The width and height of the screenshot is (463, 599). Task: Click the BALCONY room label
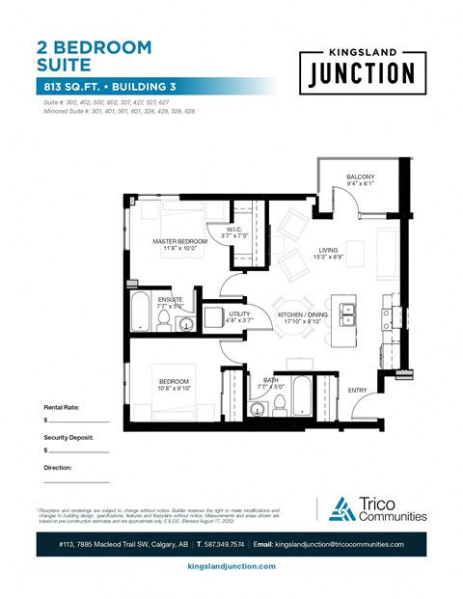point(361,177)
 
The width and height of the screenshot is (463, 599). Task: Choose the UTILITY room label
point(239,314)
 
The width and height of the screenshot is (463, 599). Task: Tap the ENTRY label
point(358,390)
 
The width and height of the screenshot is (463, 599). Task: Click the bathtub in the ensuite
point(140,315)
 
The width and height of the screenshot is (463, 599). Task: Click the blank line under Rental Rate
point(79,422)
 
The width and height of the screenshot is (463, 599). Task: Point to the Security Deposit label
point(75,437)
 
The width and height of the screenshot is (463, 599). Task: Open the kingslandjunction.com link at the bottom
point(231,566)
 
